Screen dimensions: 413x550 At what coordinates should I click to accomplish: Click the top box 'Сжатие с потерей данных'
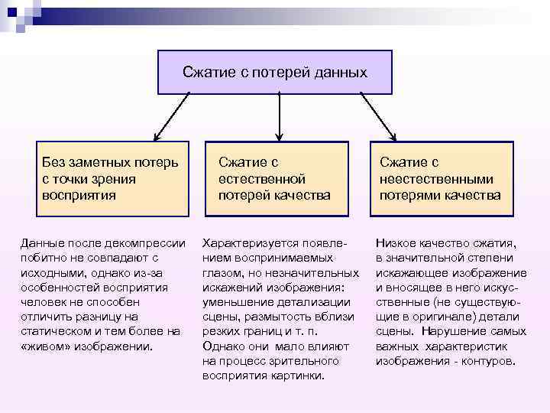tap(275, 73)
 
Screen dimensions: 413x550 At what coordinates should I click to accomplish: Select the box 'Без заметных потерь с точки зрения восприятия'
tap(113, 178)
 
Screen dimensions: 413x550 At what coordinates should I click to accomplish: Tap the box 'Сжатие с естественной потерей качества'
tap(275, 178)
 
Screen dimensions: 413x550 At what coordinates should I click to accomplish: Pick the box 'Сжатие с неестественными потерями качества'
tap(440, 178)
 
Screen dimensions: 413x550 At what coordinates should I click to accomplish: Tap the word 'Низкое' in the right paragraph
tap(396, 242)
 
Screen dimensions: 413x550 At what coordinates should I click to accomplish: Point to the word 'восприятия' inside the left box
tap(79, 194)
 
